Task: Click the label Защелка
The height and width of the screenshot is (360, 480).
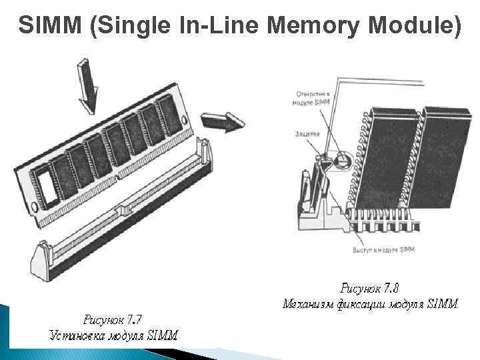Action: (307, 133)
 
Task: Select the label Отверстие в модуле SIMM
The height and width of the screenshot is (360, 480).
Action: (311, 99)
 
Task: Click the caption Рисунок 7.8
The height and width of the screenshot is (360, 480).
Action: (370, 289)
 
